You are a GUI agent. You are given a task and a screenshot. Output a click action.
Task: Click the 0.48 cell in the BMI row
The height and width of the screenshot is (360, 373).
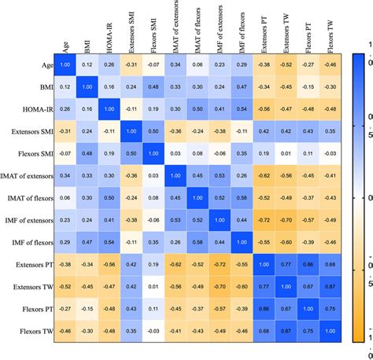pos(154,86)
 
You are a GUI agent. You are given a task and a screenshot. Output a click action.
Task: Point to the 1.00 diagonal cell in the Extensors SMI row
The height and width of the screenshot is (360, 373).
pos(132,131)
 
